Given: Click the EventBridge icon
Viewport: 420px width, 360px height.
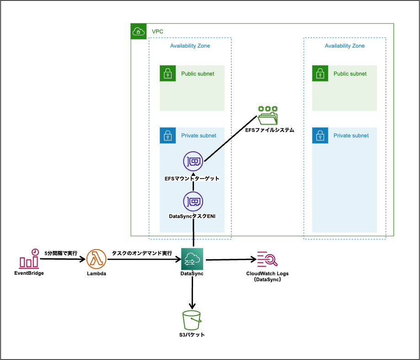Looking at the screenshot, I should [x=29, y=259].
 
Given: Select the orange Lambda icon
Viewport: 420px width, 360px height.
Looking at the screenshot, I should [x=96, y=259].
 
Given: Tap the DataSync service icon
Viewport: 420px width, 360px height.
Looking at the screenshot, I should [x=192, y=259].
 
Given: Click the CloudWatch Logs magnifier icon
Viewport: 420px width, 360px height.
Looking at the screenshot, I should [x=268, y=259].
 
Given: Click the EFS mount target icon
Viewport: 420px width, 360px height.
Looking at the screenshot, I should [x=193, y=161].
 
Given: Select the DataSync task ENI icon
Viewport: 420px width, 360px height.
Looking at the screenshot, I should [x=193, y=202].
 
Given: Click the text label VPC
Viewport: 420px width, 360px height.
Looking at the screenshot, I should [x=157, y=32].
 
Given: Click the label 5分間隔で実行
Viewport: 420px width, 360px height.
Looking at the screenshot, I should [x=61, y=253].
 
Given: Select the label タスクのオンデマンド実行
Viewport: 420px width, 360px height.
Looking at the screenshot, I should [x=142, y=253].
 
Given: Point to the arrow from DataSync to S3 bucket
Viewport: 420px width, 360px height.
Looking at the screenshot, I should [x=192, y=293].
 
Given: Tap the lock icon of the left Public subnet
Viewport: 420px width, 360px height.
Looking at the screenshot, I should [x=167, y=73].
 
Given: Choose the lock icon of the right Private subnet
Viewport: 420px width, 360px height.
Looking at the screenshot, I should [x=320, y=136].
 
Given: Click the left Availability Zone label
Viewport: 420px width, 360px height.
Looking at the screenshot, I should [x=190, y=46].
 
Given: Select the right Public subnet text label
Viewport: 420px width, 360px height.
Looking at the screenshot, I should [x=350, y=73].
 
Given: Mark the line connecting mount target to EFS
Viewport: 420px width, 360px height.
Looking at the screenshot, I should [x=229, y=139].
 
